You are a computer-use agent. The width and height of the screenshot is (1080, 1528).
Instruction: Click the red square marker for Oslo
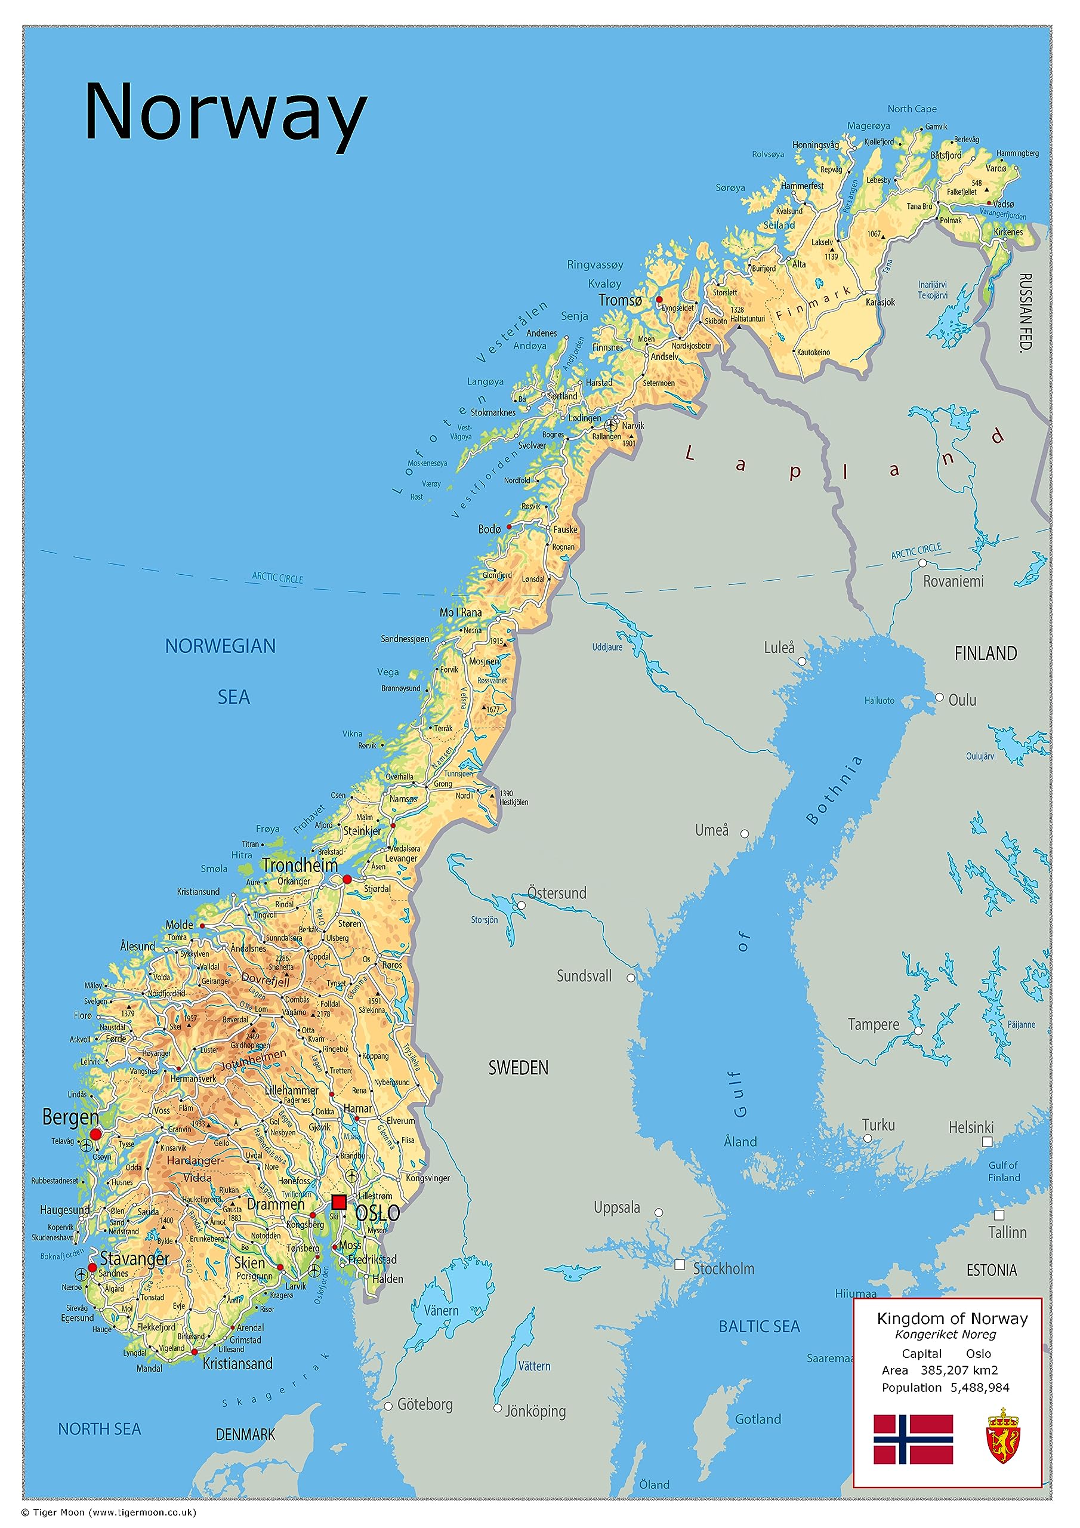pos(339,1202)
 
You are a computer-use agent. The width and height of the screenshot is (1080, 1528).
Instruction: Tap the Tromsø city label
pos(619,300)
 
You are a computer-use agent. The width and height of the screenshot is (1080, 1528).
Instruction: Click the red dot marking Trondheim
pos(347,879)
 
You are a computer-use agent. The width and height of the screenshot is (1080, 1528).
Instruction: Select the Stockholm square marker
pos(680,1264)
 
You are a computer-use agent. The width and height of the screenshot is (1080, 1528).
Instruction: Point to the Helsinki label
pos(970,1127)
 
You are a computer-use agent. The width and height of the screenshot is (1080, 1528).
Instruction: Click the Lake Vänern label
pos(441,1310)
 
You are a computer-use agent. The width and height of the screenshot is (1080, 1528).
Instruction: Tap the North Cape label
pos(912,109)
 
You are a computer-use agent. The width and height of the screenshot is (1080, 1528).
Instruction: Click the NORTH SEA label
pos(99,1429)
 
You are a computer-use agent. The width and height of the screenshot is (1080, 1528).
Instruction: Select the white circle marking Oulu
pos(939,698)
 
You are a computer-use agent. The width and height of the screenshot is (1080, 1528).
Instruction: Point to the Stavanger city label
pos(134,1258)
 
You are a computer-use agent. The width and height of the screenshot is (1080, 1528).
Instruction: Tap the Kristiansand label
pos(237,1364)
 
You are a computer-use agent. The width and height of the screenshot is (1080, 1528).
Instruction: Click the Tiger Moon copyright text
pos(109,1512)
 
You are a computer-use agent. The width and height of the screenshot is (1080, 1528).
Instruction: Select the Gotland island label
pos(757,1419)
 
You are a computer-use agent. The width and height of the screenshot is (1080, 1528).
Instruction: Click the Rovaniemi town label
pos(953,581)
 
